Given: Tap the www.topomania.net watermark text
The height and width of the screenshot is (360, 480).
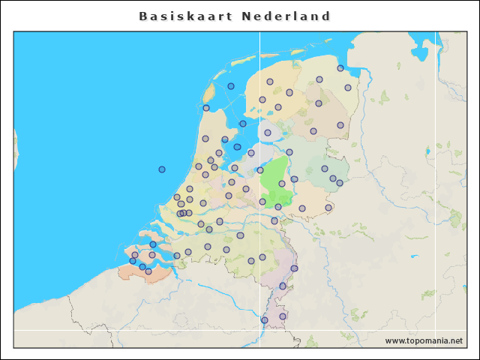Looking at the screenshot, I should tap(424, 340).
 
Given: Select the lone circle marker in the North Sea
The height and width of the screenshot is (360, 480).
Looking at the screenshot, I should tap(162, 169).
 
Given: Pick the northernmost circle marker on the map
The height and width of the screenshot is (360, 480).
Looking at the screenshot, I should tap(340, 67).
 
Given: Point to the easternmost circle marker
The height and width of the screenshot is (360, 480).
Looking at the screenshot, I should tap(348, 88).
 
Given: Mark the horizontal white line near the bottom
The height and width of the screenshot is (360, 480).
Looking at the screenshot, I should tap(150, 330).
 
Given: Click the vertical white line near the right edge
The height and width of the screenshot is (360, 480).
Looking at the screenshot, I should tap(436, 187).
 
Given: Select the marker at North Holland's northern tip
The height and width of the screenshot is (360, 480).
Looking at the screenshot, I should tap(206, 108).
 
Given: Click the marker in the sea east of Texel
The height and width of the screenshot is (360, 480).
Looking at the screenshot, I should tap(231, 86).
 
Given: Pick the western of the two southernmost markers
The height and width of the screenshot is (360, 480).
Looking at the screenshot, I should tap(265, 320).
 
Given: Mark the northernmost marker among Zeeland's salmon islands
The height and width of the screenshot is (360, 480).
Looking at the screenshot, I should tap(153, 244).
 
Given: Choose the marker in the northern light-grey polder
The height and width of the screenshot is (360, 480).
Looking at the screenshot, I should tap(268, 133).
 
